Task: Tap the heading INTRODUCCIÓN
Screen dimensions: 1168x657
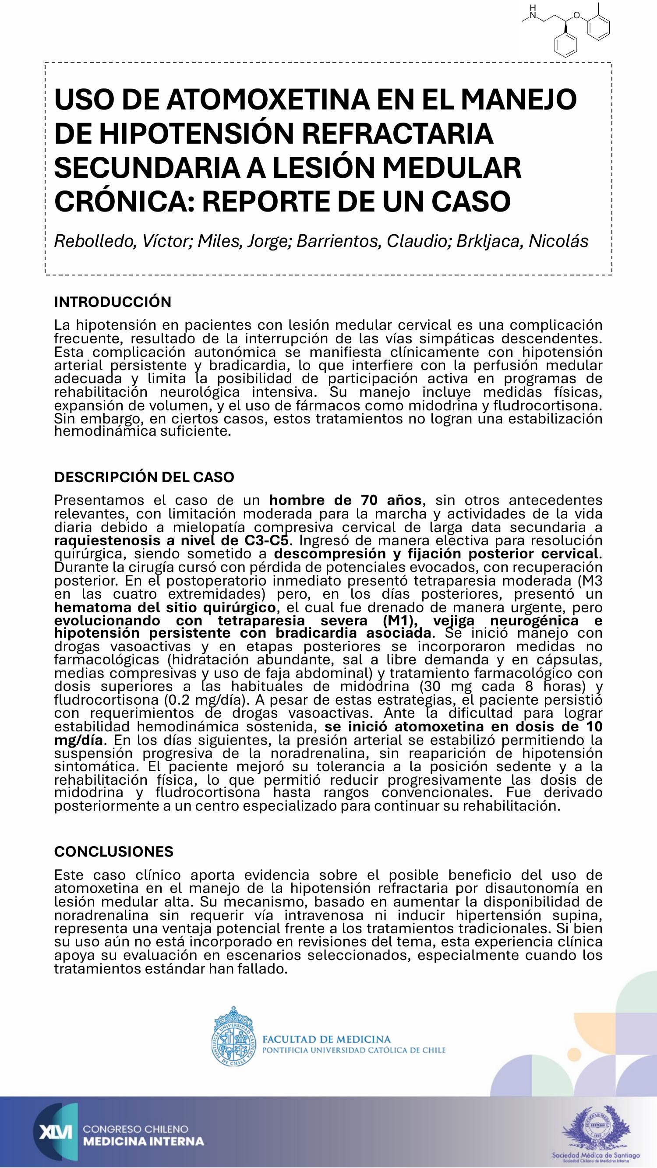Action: [113, 302]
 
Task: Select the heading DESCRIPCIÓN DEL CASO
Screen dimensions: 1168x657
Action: [144, 477]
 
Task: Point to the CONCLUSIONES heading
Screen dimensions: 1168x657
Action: [113, 851]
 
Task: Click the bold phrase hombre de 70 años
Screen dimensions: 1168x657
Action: [345, 500]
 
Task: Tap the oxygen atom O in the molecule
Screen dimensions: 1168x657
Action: [576, 15]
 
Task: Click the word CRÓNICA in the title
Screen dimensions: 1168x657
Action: [120, 201]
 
